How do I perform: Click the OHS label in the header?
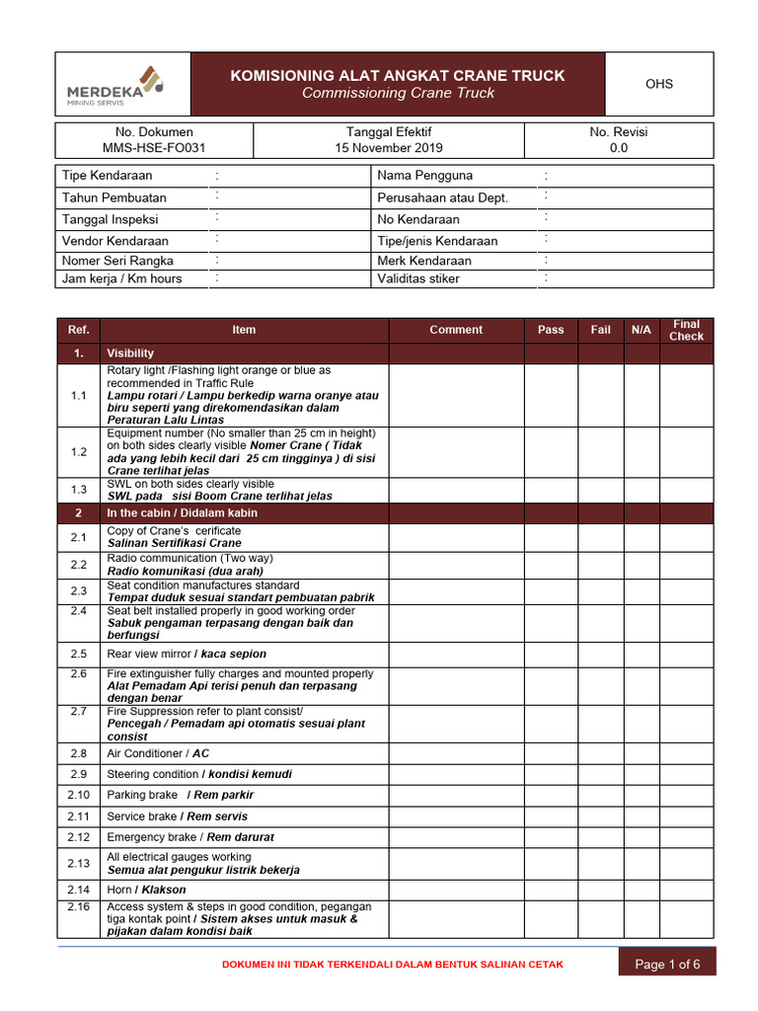tap(658, 84)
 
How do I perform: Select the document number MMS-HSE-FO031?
tap(154, 148)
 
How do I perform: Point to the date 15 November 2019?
tap(388, 148)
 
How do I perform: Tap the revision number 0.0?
tap(618, 148)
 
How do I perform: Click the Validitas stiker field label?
tap(418, 278)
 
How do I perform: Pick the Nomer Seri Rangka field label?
tap(117, 261)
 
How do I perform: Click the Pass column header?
tap(551, 330)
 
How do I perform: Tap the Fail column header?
tap(600, 330)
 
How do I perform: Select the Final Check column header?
tap(686, 330)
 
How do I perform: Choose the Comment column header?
tap(456, 330)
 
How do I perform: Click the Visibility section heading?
tap(130, 352)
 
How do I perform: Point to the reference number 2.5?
tap(79, 654)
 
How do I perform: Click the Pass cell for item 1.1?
tap(551, 395)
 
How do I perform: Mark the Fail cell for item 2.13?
tap(600, 863)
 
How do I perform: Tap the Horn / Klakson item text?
tap(146, 890)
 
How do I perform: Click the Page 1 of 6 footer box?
tap(667, 964)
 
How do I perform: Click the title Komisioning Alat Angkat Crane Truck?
tap(397, 76)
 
